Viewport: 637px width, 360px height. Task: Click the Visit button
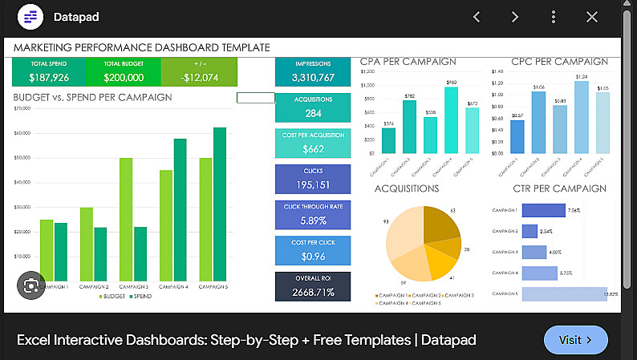coord(575,340)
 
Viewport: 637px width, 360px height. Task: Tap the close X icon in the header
coord(592,17)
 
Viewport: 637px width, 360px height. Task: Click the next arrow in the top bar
coord(515,17)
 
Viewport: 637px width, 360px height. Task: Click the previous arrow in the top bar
coord(477,17)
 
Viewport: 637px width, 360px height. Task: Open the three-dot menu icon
coord(554,17)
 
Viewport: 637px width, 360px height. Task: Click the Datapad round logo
coord(30,17)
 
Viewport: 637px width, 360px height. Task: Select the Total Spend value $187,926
coord(49,78)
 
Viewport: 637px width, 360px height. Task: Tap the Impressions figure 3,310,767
coord(313,78)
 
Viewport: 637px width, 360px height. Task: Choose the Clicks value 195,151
coord(313,185)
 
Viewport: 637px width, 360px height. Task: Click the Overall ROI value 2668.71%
coord(313,292)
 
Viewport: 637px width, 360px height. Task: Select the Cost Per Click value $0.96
coord(313,257)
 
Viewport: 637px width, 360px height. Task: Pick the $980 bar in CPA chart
coord(451,120)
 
